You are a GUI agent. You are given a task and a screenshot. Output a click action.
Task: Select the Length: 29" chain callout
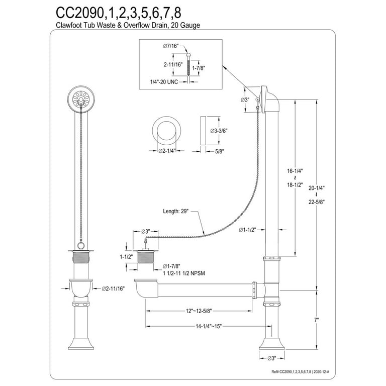(x=175, y=211)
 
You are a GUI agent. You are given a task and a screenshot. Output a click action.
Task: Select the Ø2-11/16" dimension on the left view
(x=114, y=288)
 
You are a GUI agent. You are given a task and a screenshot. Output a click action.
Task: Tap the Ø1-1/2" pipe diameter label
(x=247, y=230)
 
